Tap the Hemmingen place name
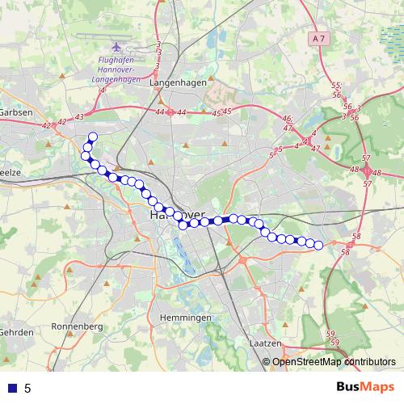click(186, 318)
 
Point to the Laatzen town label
click(265, 343)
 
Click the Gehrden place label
click(15, 332)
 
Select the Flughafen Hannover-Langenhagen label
click(118, 70)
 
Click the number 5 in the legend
click(27, 388)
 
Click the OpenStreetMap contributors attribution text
click(334, 361)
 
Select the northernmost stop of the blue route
click(92, 137)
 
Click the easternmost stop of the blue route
click(318, 245)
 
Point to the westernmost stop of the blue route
click(85, 155)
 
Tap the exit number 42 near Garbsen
click(46, 125)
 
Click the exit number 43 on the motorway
click(79, 117)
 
